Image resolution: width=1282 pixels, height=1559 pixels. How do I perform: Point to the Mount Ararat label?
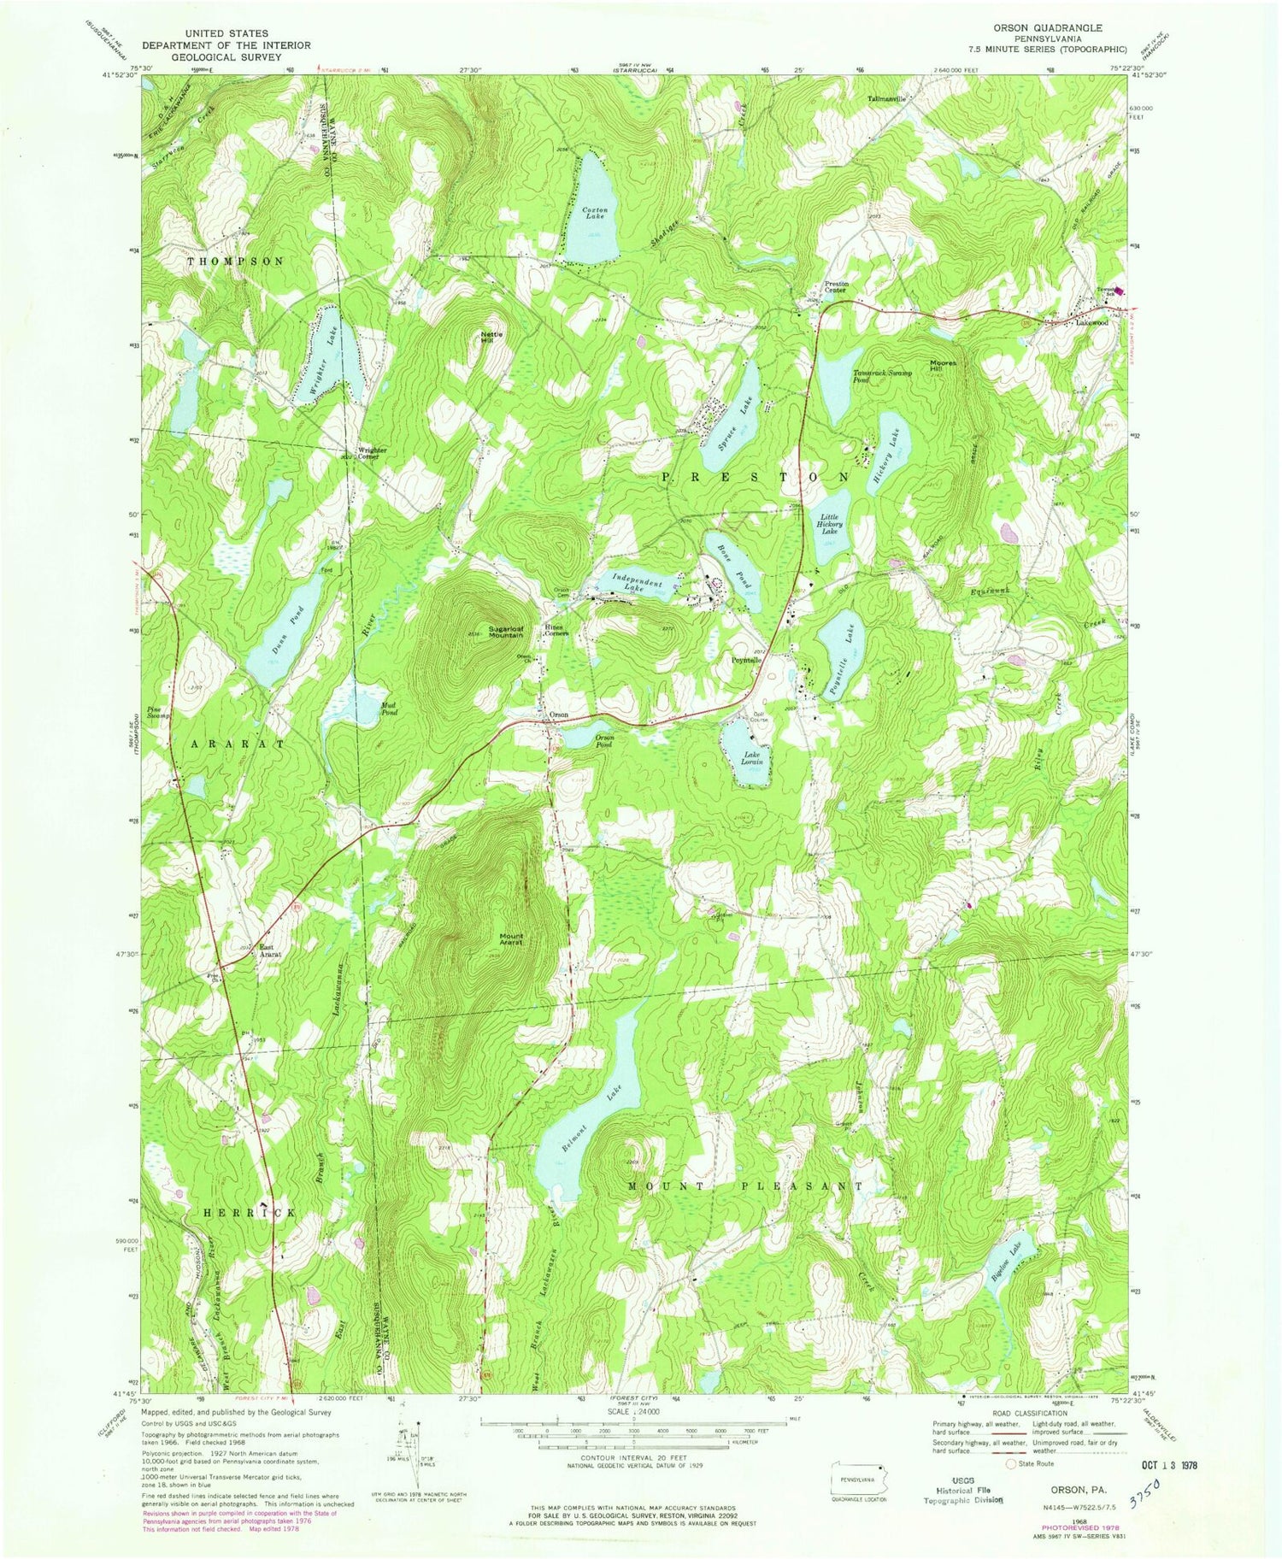coord(506,940)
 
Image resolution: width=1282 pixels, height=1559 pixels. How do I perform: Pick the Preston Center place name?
coord(834,286)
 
